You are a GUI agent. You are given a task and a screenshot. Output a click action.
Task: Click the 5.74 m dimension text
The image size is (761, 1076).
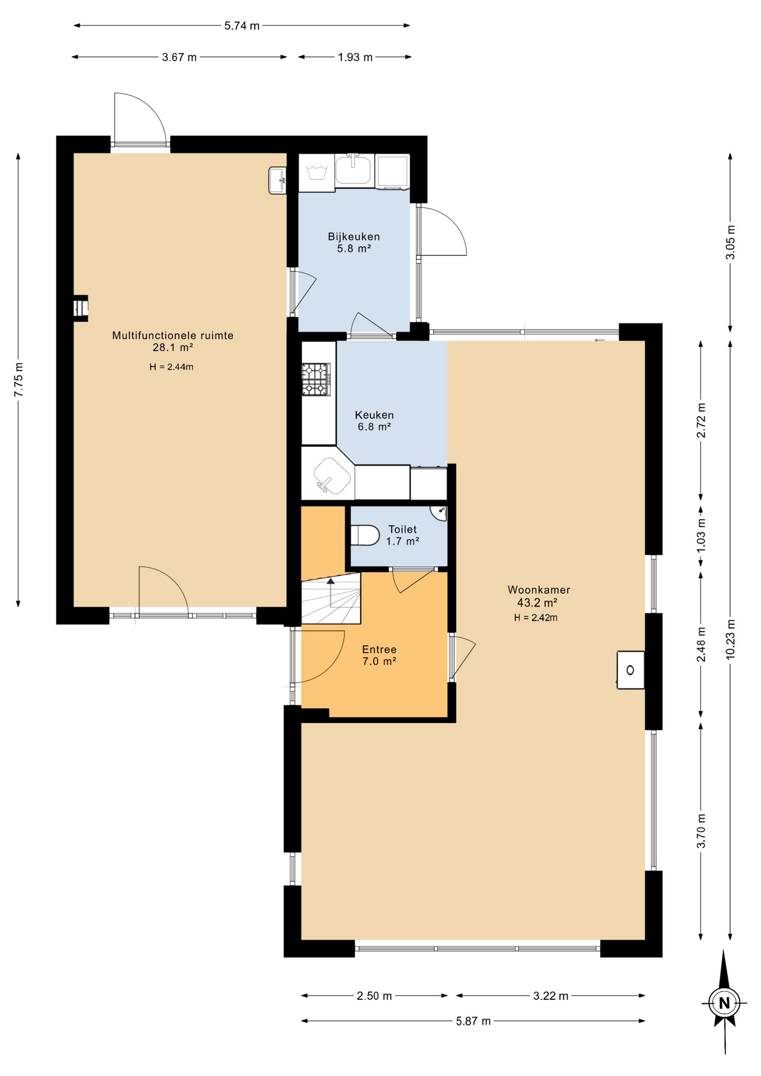[x=242, y=26]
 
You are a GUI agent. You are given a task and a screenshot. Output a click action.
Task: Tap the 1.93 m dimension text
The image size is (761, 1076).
[x=355, y=57]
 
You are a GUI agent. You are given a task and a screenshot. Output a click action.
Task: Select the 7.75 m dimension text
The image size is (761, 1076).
[x=19, y=380]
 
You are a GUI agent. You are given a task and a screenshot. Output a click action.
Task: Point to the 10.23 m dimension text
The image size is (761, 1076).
[x=731, y=639]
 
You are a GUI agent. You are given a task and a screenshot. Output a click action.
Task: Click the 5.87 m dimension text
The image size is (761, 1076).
[x=473, y=1021]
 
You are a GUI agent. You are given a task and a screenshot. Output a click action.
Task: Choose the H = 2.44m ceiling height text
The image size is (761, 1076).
[x=171, y=367]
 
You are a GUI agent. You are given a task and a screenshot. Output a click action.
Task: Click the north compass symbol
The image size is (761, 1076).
[x=725, y=1003]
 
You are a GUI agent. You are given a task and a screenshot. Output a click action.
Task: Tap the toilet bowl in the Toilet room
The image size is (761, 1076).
[x=365, y=535]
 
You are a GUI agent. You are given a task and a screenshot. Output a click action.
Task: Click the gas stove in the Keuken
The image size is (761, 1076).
[x=316, y=380]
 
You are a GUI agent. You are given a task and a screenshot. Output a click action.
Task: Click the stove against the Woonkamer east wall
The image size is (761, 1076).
[x=630, y=670]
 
